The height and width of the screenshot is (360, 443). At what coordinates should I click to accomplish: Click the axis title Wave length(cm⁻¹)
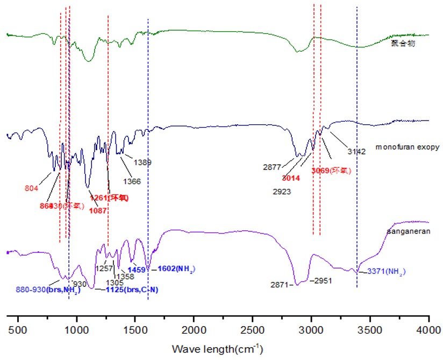point(217,349)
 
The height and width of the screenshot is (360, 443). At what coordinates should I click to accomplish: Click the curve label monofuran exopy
point(408,146)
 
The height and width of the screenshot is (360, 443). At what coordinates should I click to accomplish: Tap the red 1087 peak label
point(99,210)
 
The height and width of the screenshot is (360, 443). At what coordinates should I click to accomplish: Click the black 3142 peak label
point(356,152)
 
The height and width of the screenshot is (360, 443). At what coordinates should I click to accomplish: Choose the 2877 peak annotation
point(273,167)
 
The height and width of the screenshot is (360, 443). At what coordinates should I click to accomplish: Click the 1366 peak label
point(132,181)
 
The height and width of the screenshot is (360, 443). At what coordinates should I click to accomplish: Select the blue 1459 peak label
point(137,269)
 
